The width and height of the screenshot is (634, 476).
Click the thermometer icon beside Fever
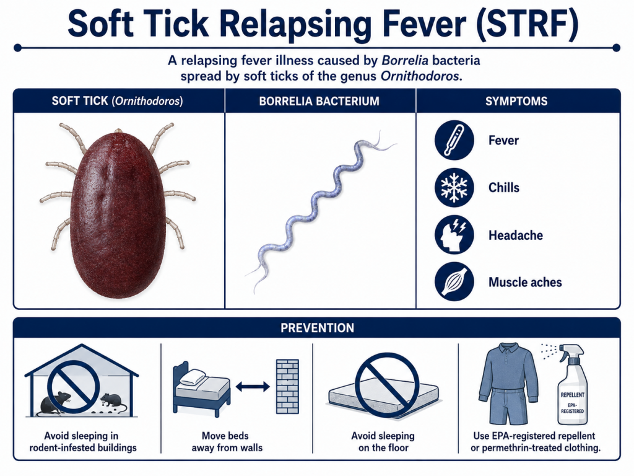tap(454, 140)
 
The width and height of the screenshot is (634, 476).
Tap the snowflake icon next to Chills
tap(454, 187)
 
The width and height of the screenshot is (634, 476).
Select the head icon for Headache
tap(454, 235)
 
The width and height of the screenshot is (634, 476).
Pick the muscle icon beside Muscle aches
tap(454, 282)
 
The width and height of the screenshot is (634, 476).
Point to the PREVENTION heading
tap(317, 327)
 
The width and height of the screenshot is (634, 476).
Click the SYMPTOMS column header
tap(516, 101)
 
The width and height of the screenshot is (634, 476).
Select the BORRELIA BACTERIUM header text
tap(319, 101)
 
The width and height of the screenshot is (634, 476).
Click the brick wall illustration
tap(287, 387)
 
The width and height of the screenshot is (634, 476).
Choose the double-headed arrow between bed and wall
tap(253, 387)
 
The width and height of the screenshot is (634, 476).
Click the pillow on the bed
tap(193, 377)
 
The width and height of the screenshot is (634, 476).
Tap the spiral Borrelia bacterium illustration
tap(319, 211)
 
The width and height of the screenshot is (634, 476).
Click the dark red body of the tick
tap(118, 215)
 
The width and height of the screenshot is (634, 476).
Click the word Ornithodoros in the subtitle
tap(420, 76)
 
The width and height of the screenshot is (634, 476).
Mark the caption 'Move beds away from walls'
tap(227, 441)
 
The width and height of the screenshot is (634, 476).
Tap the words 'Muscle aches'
tap(525, 282)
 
